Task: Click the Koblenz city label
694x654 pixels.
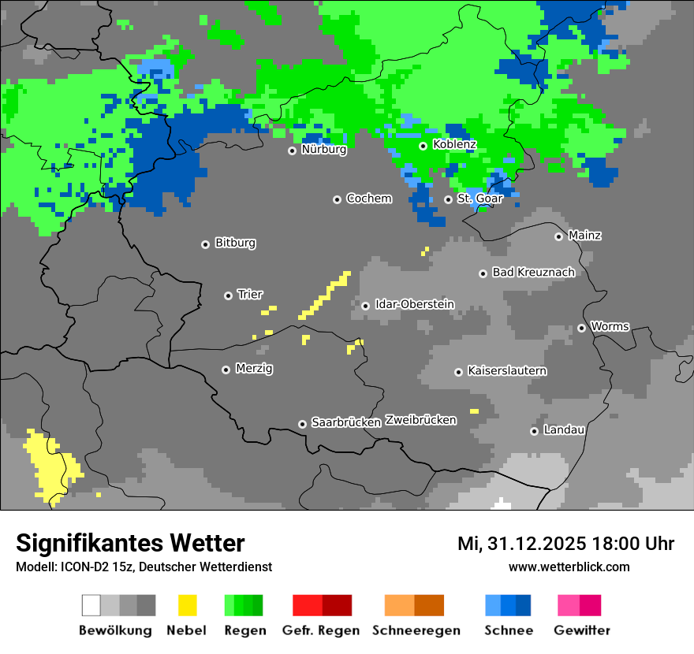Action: point(454,145)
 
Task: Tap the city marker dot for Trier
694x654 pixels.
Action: point(229,295)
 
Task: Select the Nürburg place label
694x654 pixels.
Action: point(323,150)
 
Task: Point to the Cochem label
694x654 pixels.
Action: point(368,199)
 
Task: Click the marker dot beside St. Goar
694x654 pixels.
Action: point(449,199)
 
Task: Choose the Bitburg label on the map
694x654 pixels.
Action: point(235,243)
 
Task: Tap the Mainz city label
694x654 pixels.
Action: point(584,236)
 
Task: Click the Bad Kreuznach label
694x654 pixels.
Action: point(533,273)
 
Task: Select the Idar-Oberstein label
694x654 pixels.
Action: point(415,304)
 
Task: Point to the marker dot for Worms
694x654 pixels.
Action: point(582,328)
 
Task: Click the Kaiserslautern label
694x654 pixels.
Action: point(507,371)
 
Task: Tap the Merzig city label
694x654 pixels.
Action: point(254,369)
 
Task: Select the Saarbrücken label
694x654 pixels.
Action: point(346,423)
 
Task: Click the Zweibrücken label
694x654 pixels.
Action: point(420,420)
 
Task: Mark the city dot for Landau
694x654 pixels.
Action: point(535,431)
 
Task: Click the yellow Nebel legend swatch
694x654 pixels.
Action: point(187,605)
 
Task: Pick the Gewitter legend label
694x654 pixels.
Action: point(581,630)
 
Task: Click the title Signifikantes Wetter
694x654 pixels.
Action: point(130,543)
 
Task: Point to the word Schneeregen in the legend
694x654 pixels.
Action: point(416,630)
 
